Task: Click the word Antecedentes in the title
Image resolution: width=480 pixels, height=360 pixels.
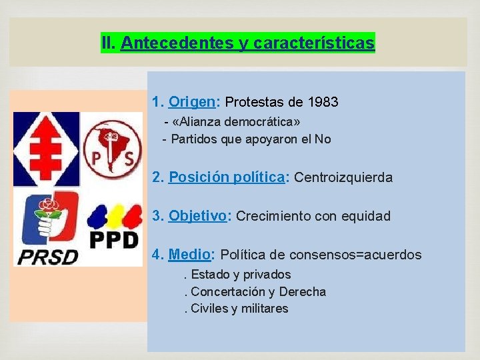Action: point(177,44)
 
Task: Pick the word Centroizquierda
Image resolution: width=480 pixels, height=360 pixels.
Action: point(343,177)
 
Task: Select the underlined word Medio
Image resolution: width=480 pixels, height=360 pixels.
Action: point(190,255)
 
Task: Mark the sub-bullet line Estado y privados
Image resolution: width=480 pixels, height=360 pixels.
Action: point(241,275)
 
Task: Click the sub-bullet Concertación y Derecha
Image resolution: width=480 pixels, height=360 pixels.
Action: point(258,292)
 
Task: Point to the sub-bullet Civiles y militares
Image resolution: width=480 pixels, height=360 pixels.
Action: point(239,309)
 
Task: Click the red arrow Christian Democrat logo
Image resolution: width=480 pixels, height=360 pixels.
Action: point(47,149)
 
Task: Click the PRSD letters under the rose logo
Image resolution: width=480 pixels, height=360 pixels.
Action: point(47,256)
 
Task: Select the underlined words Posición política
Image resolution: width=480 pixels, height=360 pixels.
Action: point(227,177)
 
